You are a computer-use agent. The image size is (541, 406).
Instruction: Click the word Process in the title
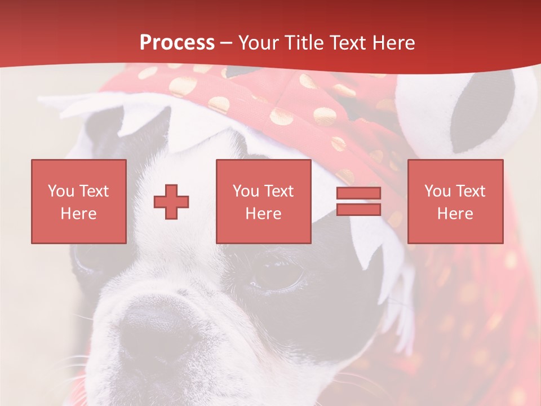[177, 43]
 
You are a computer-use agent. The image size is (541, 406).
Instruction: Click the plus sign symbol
[171, 202]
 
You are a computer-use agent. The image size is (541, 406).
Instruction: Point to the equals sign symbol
[358, 201]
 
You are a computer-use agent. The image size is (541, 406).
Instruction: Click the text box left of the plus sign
[79, 201]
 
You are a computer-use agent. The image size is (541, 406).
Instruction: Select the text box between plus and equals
[263, 201]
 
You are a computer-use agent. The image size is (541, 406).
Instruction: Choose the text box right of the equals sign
[455, 201]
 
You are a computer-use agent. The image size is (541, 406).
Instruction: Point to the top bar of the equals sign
[358, 193]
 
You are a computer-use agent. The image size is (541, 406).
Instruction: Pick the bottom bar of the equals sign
[358, 209]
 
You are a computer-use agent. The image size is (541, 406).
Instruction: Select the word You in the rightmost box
[437, 191]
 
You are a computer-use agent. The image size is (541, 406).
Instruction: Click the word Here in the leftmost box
[79, 214]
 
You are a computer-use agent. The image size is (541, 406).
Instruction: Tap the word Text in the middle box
[278, 191]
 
